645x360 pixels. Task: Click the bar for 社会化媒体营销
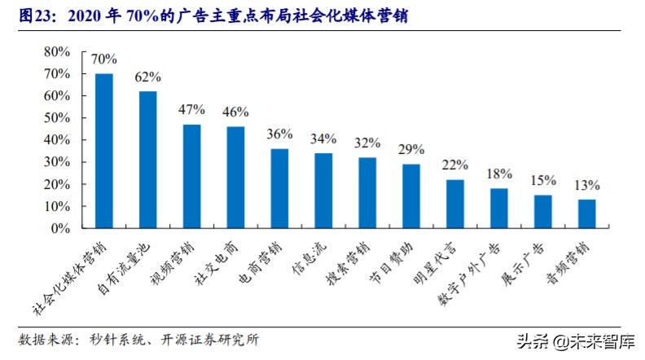click(x=104, y=151)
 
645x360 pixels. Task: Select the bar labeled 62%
click(x=147, y=160)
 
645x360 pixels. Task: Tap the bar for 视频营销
click(x=191, y=176)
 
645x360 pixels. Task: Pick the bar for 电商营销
click(x=279, y=188)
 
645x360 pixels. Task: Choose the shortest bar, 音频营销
click(x=586, y=213)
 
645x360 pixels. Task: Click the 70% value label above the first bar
click(x=104, y=59)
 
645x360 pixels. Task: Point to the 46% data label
click(x=235, y=112)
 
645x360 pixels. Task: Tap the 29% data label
click(x=411, y=150)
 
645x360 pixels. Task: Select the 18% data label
click(x=499, y=174)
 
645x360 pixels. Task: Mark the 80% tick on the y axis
click(x=56, y=51)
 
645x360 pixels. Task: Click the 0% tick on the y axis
click(x=60, y=229)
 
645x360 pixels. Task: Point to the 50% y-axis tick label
click(x=56, y=118)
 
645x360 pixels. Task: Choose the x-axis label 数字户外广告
click(x=475, y=274)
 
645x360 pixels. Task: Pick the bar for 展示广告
click(x=542, y=212)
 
